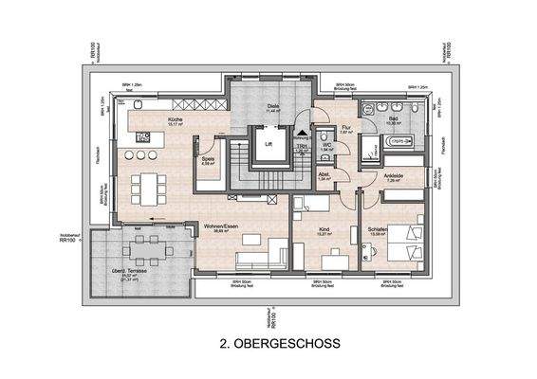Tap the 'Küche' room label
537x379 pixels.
pos(176,120)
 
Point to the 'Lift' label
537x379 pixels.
pos(268,145)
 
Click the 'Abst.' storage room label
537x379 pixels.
pos(324,175)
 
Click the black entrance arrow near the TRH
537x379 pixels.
pos(303,135)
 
